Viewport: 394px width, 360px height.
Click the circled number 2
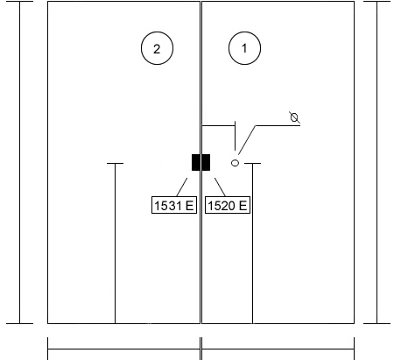(x=157, y=48)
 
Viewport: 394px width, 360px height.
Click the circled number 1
(x=244, y=48)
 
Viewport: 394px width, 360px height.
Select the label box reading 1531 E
(x=174, y=205)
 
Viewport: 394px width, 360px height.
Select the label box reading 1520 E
(x=228, y=205)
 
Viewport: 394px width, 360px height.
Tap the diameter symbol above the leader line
(x=294, y=117)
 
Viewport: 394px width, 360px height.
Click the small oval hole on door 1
(x=235, y=163)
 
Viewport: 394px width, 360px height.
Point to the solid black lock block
(x=201, y=162)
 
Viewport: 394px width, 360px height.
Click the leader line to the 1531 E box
(x=182, y=187)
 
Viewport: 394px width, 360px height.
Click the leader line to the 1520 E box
(x=220, y=187)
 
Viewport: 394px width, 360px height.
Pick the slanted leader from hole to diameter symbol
(x=247, y=140)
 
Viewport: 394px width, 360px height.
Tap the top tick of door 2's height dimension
(x=115, y=164)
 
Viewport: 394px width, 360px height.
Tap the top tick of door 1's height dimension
(x=252, y=164)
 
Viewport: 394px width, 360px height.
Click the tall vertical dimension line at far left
(x=20, y=162)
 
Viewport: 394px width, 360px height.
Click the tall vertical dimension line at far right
(x=376, y=162)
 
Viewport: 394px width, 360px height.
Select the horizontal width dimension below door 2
(x=123, y=349)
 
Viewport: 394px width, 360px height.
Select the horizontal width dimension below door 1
(x=278, y=349)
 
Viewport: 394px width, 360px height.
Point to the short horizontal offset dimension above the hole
(x=218, y=126)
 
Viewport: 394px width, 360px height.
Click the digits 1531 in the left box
(x=168, y=206)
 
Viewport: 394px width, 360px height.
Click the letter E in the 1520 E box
(x=243, y=206)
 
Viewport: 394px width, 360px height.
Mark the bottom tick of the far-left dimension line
(x=20, y=323)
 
